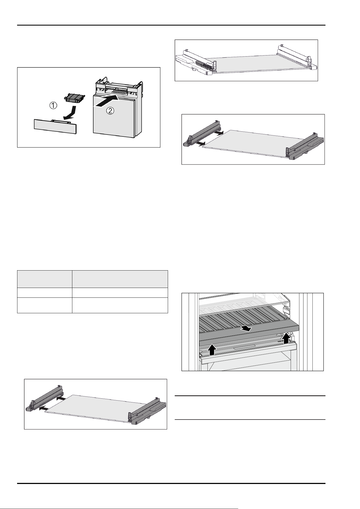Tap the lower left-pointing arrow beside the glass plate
point(44,408)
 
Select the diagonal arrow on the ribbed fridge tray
point(246,329)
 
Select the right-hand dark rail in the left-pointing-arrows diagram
point(147,413)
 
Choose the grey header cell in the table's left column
point(45,279)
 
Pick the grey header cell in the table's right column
point(120,279)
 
